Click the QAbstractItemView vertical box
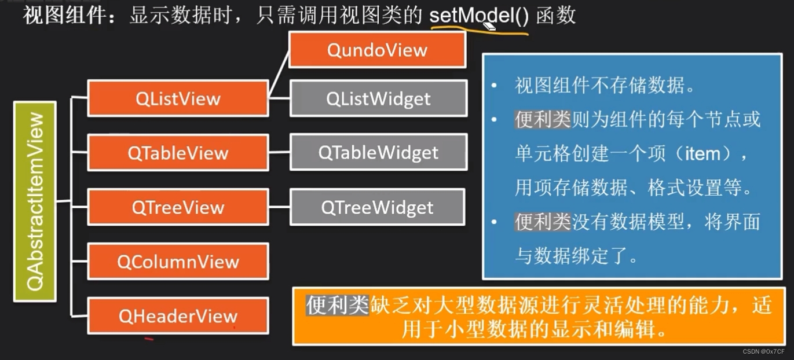(x=35, y=201)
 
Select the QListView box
(x=178, y=98)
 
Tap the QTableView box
(x=178, y=153)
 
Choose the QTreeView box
(x=178, y=207)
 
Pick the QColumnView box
(x=178, y=262)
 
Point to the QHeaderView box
(x=178, y=316)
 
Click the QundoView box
(x=377, y=50)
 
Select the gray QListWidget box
(x=378, y=98)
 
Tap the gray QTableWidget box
(x=378, y=153)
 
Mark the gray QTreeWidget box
(x=377, y=207)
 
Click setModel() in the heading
(x=479, y=16)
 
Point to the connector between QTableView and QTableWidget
(x=280, y=153)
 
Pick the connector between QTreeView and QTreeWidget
(x=280, y=207)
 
